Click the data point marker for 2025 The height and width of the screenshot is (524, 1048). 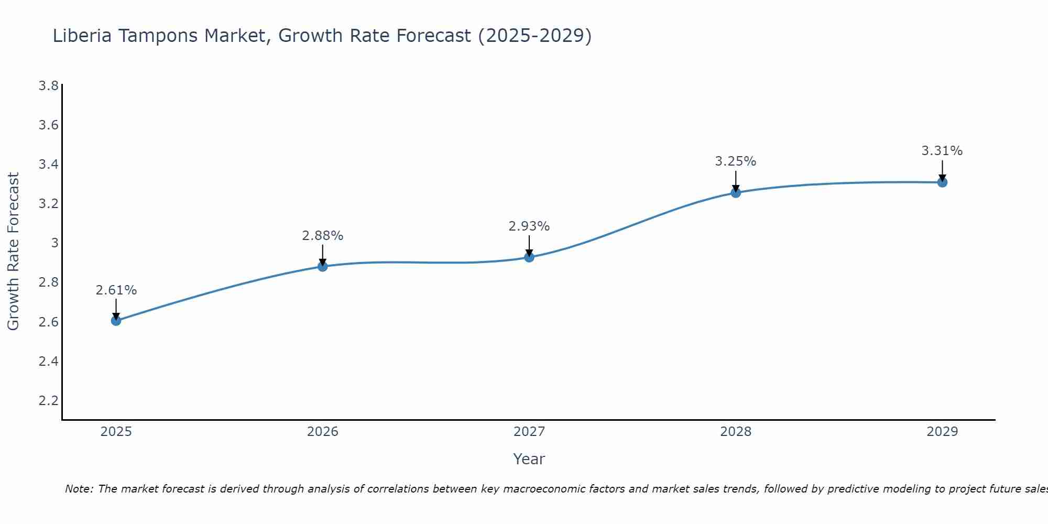coord(116,320)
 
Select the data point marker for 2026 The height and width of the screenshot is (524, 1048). coord(323,266)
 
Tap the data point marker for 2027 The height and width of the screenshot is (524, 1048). coord(529,257)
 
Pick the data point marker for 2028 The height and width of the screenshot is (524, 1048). coord(736,192)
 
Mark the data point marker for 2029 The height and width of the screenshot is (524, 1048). coord(942,182)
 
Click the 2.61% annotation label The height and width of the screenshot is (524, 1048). coord(116,290)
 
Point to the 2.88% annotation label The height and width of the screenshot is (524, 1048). coord(323,236)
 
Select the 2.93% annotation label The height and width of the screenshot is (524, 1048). coord(529,226)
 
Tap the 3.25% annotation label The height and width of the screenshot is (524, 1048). coord(736,161)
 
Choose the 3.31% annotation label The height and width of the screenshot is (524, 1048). coord(942,151)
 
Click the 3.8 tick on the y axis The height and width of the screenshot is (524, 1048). coord(49,86)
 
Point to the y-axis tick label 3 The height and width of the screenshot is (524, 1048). coord(54,243)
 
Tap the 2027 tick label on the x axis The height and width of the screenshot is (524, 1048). coord(529,432)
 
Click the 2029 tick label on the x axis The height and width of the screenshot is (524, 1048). coord(942,432)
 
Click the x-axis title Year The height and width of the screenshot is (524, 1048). coord(529,459)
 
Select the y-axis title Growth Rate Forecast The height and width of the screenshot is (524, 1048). coord(14,252)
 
